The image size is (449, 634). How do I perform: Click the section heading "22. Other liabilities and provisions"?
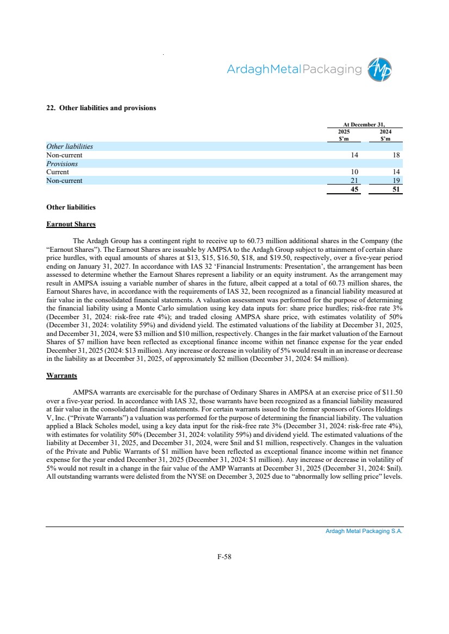101,108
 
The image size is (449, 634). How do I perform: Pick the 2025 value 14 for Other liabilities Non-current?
354,155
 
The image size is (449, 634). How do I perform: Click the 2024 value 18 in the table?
396,155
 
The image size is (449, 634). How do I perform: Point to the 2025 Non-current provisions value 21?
354,181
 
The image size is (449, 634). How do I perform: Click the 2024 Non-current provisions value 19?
396,181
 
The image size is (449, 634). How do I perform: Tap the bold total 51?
396,189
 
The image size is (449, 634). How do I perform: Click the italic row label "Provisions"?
62,163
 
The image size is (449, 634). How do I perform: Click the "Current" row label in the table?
58,172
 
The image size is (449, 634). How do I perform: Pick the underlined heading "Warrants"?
61,375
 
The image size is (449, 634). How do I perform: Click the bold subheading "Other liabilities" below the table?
71,207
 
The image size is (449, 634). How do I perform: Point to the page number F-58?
224,556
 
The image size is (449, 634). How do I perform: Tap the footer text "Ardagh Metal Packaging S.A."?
364,531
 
